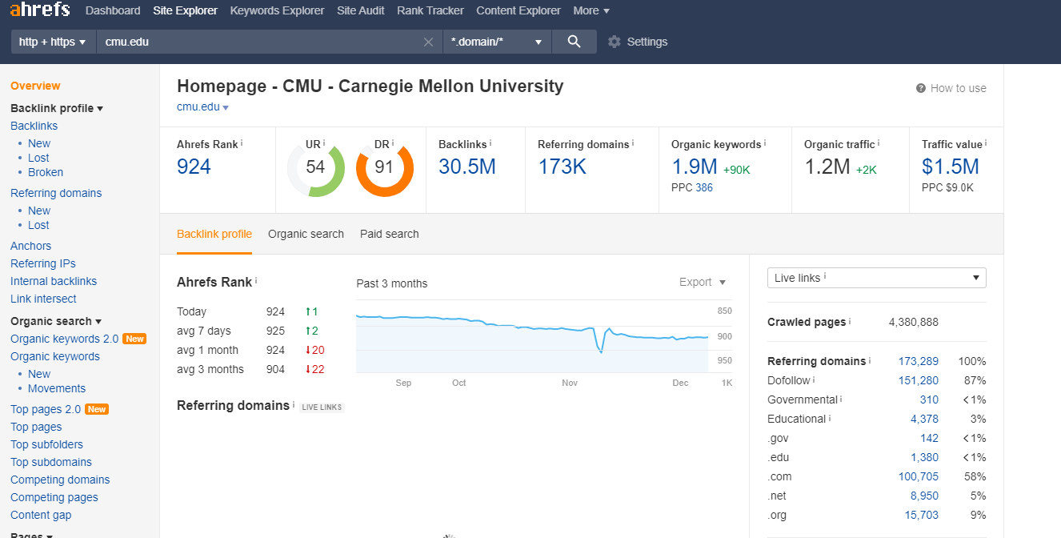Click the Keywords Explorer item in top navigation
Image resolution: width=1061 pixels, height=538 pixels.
[277, 10]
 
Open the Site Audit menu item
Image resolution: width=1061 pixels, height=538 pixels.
[360, 10]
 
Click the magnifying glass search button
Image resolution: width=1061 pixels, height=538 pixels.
[574, 42]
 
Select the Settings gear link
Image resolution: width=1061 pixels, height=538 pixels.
[638, 42]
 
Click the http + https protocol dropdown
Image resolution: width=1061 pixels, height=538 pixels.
[52, 42]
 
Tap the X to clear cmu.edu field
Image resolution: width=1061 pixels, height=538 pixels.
[428, 42]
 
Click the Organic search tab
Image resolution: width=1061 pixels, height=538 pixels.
[306, 234]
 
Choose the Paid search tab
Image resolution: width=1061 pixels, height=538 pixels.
[389, 234]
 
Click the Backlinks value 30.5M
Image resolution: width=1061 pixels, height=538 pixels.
[466, 167]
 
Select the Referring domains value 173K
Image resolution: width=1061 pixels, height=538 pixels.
[562, 167]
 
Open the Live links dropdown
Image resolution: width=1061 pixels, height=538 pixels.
[876, 278]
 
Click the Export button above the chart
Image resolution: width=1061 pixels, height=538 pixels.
[702, 282]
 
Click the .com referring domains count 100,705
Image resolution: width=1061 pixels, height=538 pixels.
[918, 476]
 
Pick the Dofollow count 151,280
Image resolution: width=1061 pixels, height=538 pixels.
[918, 380]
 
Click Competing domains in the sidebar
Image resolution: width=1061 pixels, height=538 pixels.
[60, 480]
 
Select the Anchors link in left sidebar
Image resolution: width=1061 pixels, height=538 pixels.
[30, 246]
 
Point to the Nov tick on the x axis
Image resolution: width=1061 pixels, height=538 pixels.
[570, 383]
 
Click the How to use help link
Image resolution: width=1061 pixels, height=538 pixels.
[951, 88]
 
